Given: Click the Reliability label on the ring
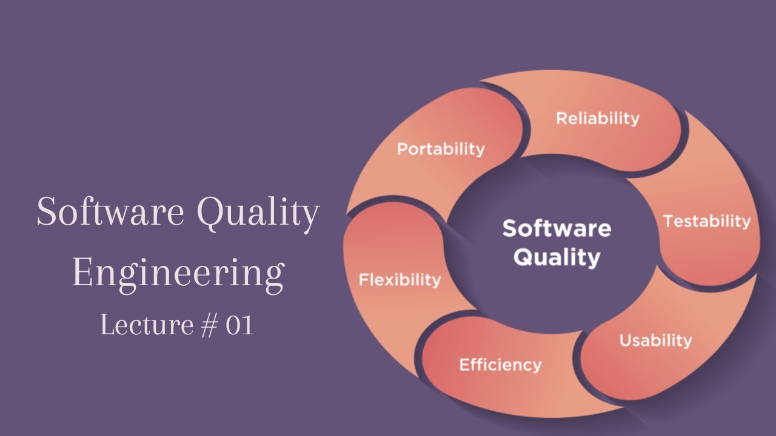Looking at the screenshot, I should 598,118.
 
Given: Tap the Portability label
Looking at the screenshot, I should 441,149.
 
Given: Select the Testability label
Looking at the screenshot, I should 707,222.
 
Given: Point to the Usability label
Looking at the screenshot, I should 655,340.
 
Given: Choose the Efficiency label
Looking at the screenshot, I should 500,365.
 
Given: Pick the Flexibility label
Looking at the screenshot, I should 400,280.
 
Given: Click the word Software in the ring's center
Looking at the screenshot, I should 557,229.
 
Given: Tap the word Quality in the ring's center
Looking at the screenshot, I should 557,258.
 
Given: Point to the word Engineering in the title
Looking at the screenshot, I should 178,274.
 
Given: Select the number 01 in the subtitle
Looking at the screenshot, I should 239,326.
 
